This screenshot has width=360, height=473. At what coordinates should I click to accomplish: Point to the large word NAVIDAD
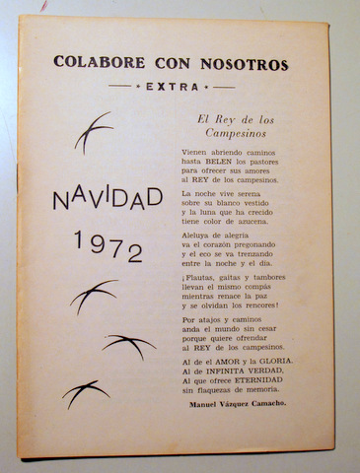[x=107, y=200]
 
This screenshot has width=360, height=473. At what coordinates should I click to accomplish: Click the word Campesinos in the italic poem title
[x=232, y=131]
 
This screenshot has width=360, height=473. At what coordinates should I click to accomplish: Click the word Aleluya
[x=197, y=236]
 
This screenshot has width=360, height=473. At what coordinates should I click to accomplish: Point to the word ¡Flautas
[x=200, y=279]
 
